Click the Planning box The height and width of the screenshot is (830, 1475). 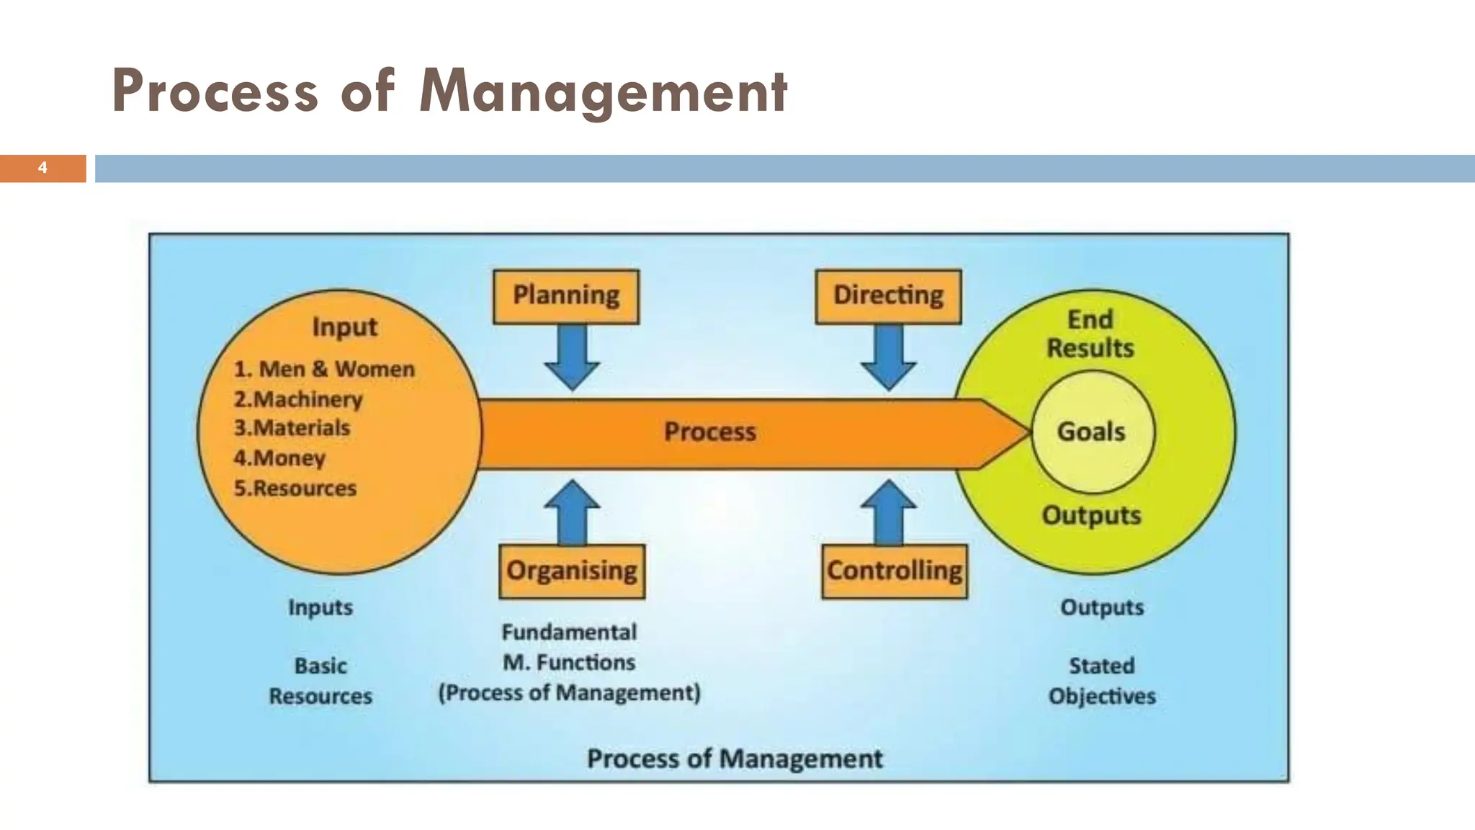tap(566, 296)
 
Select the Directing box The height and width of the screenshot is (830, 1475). tap(888, 296)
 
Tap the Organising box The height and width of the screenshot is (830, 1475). tap(572, 571)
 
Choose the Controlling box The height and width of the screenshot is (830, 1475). tap(895, 571)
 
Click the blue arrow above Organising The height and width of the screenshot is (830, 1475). tap(573, 512)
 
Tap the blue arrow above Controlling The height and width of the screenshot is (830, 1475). tap(889, 512)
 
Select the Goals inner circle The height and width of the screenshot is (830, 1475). tap(1092, 432)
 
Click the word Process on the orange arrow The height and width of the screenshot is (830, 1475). tap(710, 432)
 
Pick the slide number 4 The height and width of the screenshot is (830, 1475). tap(42, 168)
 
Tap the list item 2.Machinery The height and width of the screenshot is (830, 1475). tap(298, 399)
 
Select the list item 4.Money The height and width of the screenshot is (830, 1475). tap(279, 458)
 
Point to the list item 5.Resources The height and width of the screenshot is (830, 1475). tap(295, 488)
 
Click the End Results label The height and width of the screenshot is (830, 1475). tap(1090, 334)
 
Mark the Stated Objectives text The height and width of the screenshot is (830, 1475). tap(1102, 681)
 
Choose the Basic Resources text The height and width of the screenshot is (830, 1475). tap(320, 681)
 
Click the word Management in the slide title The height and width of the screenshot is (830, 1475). tap(604, 92)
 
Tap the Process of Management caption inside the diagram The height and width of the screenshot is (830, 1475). tap(735, 759)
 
